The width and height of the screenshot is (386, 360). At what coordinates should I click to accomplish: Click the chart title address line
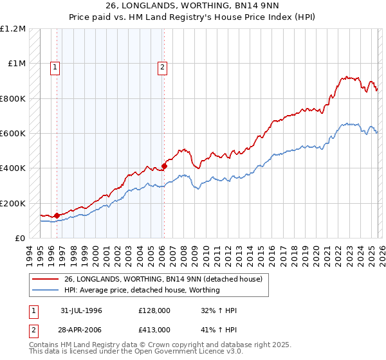tap(193, 6)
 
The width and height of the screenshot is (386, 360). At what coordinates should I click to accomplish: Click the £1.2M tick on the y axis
tap(13, 29)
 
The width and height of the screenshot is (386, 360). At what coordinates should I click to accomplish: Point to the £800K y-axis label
tap(13, 98)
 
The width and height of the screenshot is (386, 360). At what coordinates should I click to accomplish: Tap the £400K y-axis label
tap(13, 168)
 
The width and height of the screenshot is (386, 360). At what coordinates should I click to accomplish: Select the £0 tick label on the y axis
tap(19, 239)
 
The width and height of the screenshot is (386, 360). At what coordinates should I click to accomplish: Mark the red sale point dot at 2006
tap(165, 166)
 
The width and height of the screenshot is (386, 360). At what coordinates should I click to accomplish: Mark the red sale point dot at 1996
tap(57, 215)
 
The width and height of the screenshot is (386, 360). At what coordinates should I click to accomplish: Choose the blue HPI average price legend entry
tap(142, 290)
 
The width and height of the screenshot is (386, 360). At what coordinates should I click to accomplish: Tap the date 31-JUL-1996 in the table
tap(81, 310)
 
